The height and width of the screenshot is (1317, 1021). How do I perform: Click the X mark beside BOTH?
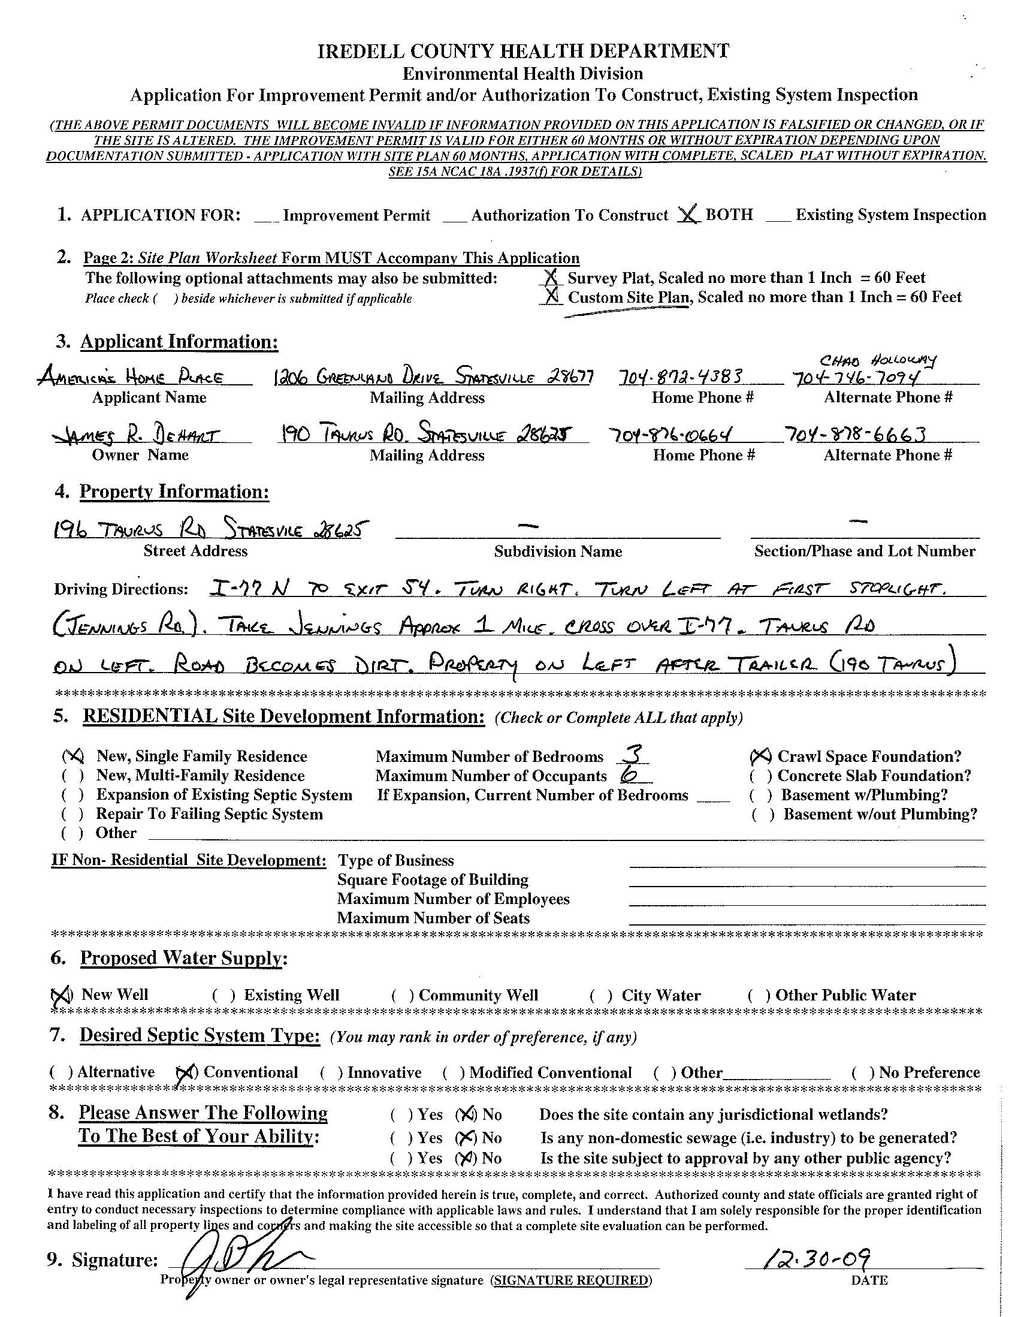688,214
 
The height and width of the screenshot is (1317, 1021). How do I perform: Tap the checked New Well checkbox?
62,995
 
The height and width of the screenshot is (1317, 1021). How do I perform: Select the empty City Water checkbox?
601,995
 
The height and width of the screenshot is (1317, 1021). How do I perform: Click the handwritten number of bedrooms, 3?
633,754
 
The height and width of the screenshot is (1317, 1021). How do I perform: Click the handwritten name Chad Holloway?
878,361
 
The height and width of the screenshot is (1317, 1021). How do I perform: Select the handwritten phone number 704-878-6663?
855,434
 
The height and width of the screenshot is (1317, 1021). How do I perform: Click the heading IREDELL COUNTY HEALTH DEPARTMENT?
523,52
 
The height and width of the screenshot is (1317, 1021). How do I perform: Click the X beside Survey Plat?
550,278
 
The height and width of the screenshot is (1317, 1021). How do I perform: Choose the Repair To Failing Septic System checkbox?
73,814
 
